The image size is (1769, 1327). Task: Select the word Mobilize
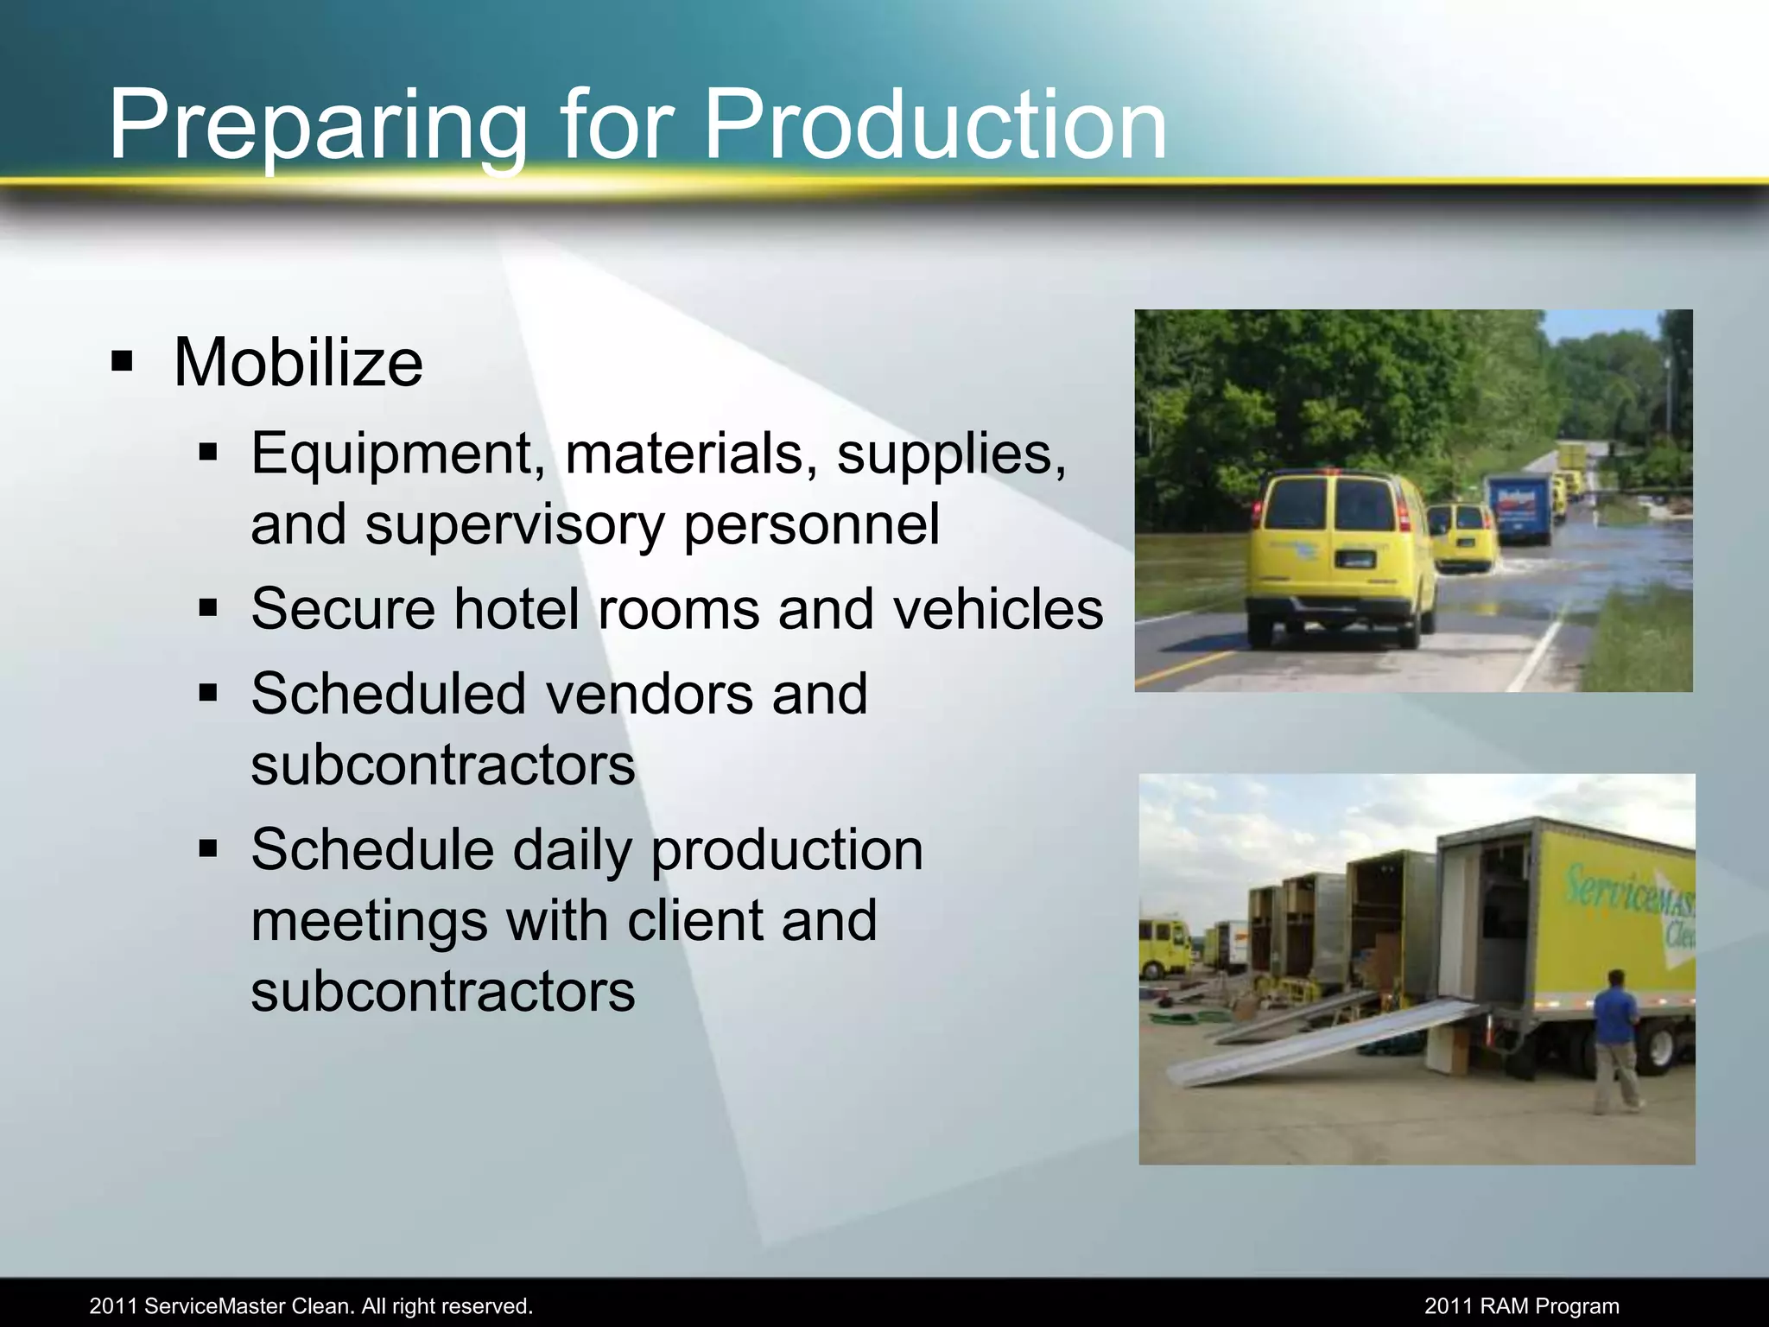point(298,362)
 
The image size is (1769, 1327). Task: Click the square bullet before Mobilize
point(123,361)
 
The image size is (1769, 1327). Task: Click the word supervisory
point(514,524)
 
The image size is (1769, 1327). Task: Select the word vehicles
point(998,608)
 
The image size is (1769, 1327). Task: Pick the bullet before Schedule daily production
point(208,848)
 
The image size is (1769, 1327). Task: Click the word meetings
point(369,920)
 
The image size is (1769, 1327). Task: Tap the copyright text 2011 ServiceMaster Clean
point(311,1305)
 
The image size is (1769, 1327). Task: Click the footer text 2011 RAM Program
point(1521,1305)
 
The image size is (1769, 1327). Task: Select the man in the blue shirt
point(1615,1037)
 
